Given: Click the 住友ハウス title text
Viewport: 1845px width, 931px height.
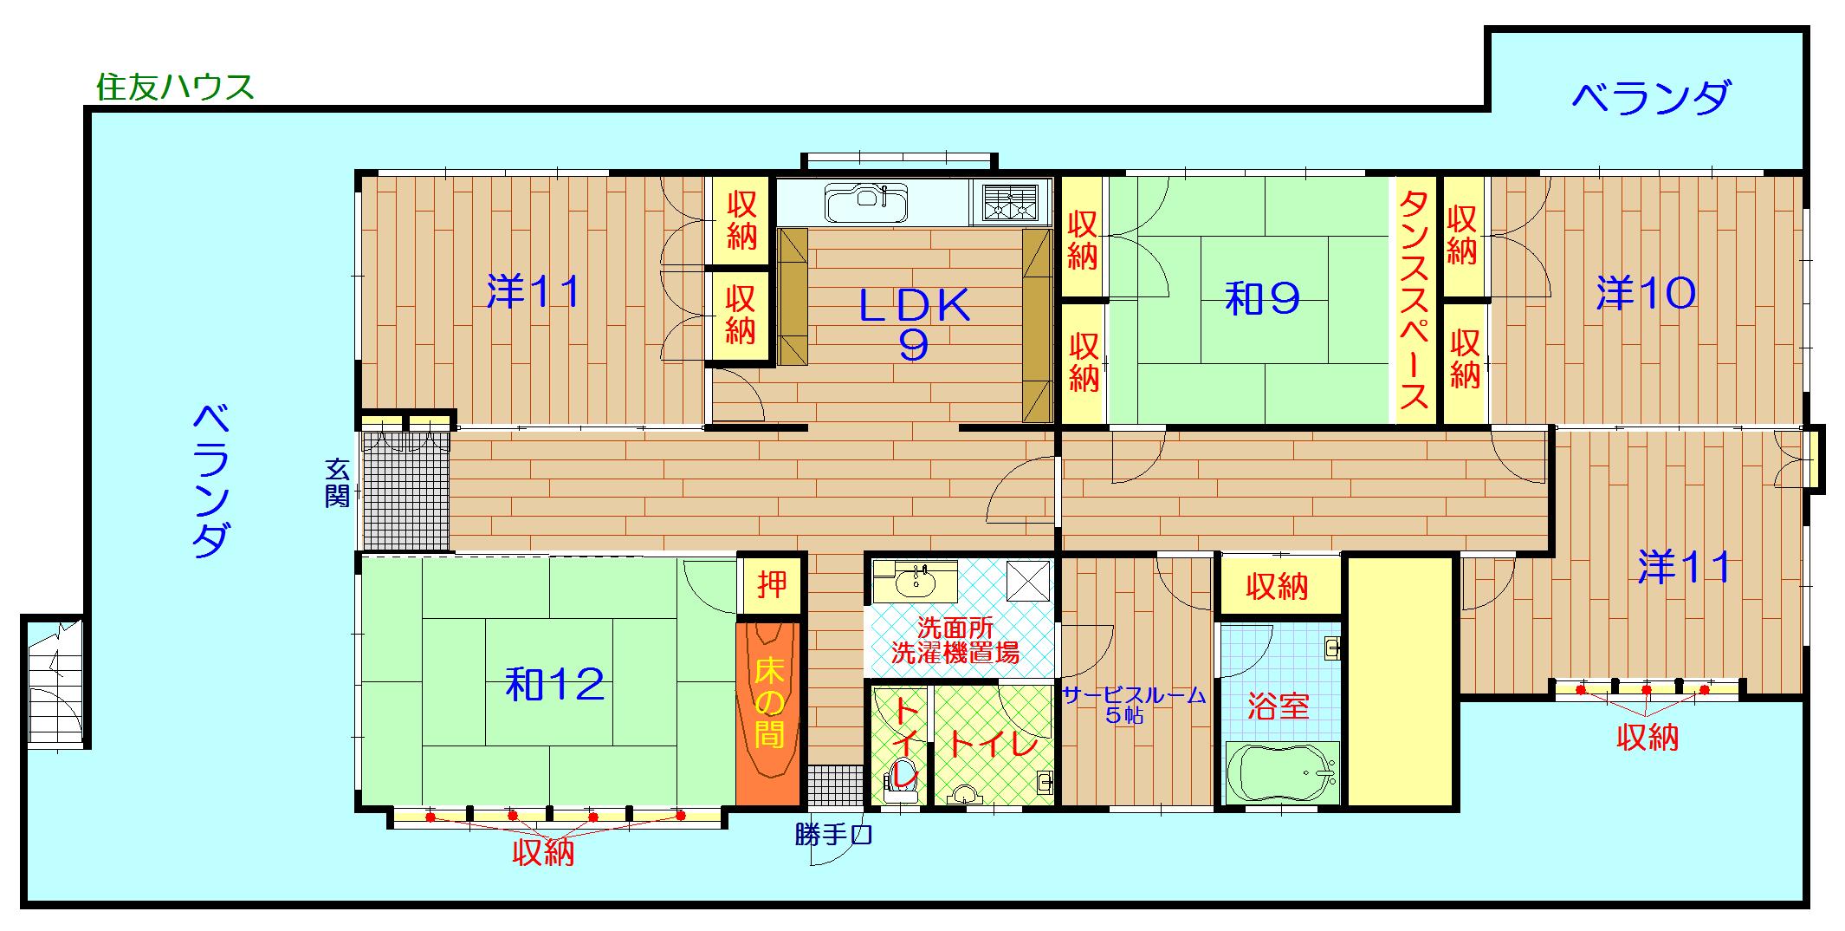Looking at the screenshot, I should click(175, 88).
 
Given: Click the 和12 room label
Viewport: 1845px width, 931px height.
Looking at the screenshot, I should click(554, 685).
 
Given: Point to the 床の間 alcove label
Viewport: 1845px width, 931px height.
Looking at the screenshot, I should click(768, 702).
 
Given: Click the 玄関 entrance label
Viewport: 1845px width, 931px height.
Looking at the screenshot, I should click(337, 484).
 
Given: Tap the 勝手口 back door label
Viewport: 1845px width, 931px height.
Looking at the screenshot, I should click(832, 835).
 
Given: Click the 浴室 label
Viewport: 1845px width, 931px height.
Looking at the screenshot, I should click(1278, 706).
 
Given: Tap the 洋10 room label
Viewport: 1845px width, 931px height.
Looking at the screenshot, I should click(1646, 294).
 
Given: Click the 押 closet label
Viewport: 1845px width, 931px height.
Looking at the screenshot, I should click(771, 585).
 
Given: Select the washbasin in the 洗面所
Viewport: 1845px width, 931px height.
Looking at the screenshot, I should click(915, 582).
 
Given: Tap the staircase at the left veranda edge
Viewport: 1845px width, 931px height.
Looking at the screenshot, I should click(54, 685).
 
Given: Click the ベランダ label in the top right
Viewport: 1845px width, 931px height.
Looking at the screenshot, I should click(1651, 98).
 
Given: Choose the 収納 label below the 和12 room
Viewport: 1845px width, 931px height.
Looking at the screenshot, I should click(543, 853).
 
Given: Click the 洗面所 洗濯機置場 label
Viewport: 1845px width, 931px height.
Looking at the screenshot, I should click(955, 641).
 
